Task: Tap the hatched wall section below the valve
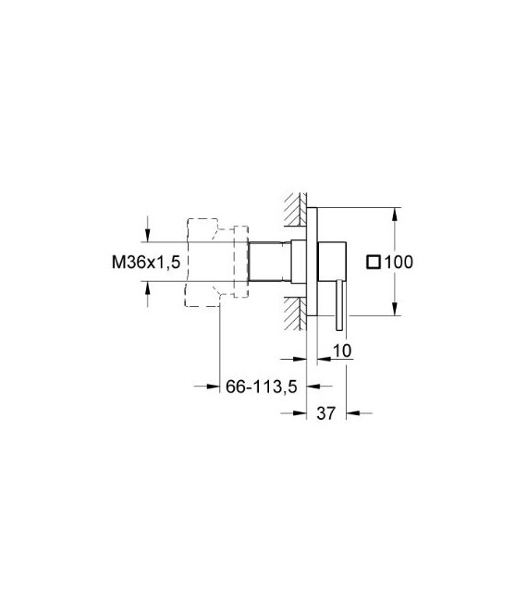pos(299,309)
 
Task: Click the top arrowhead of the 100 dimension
pos(396,212)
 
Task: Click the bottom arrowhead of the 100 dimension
pos(396,313)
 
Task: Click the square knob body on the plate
pos(332,263)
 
